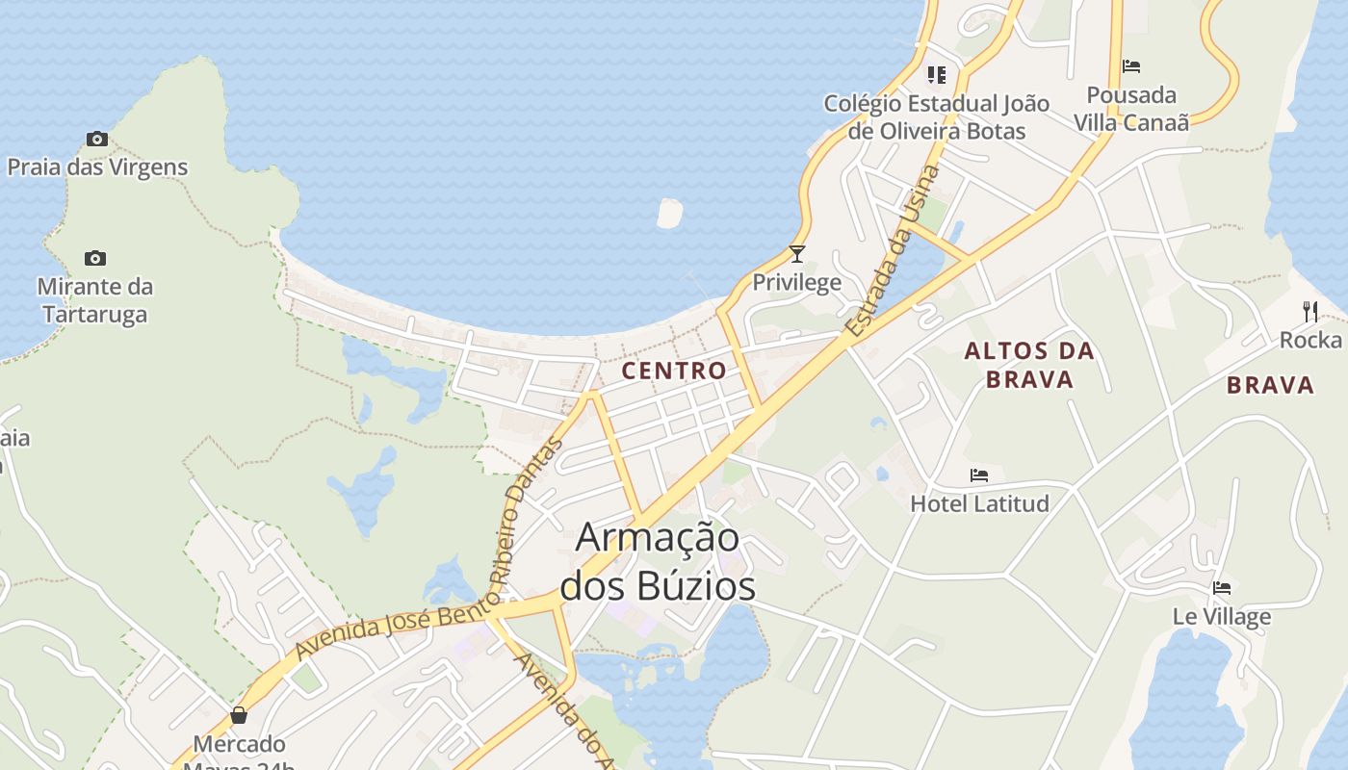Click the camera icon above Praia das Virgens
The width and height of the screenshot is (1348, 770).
pos(96,140)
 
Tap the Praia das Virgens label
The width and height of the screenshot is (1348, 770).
pos(97,167)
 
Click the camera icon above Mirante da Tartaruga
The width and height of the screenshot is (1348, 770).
pos(94,258)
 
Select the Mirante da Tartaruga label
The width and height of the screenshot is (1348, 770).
pos(95,300)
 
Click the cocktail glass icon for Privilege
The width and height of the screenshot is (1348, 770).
pos(796,254)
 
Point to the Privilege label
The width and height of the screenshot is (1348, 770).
pos(796,282)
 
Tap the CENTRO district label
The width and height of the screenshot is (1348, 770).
pos(674,371)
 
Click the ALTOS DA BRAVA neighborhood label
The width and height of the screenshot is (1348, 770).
pos(1029,365)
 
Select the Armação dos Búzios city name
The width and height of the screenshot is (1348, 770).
pos(659,562)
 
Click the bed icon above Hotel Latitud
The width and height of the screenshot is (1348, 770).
pos(979,475)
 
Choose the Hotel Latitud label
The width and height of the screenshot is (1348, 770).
pos(979,502)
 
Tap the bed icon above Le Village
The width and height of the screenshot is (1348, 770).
pos(1222,588)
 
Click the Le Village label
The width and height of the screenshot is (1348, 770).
pos(1222,616)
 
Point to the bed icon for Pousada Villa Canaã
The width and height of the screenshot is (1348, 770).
pos(1131,66)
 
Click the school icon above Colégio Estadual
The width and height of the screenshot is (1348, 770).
pos(936,74)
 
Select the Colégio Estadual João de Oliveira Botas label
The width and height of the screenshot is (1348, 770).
pos(937,116)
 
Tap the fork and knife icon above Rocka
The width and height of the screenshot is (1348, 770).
pos(1309,311)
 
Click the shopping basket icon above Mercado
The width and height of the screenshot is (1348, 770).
pos(239,715)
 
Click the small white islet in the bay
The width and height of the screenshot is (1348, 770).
pos(669,213)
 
